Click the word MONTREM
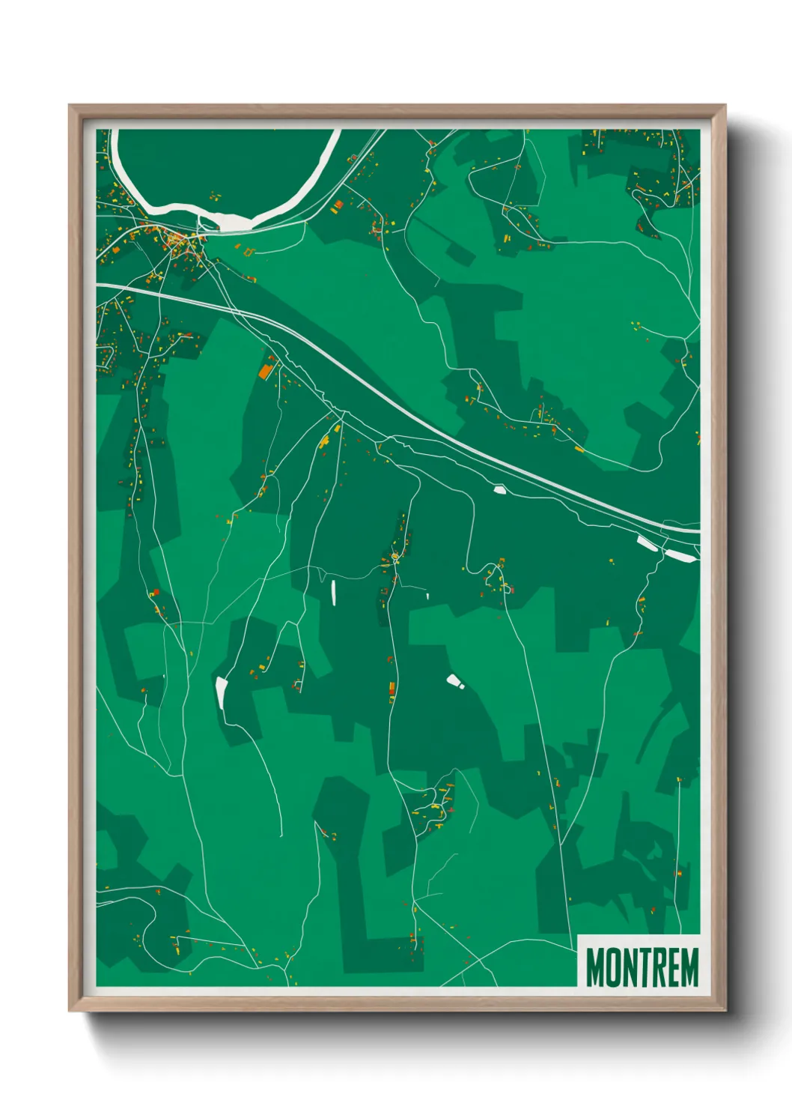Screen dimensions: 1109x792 click(x=642, y=967)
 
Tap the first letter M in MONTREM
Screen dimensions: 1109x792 click(x=595, y=967)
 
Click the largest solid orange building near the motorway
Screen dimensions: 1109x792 click(x=265, y=371)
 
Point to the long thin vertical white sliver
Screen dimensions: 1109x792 click(x=333, y=591)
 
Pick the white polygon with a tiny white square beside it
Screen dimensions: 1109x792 click(x=453, y=680)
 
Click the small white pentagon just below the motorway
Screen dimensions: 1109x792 click(x=500, y=489)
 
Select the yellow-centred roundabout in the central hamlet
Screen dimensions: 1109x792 click(x=395, y=557)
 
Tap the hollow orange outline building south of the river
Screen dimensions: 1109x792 click(x=249, y=251)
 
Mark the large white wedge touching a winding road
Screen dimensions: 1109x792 click(x=221, y=692)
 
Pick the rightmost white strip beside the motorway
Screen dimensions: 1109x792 click(x=678, y=554)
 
